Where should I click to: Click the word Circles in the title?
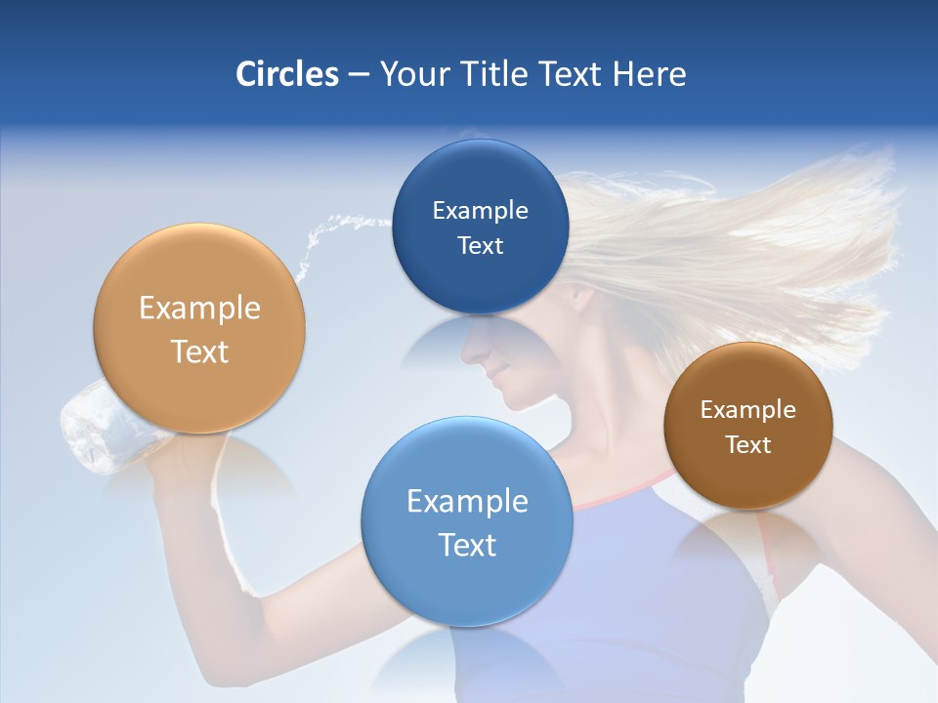pyautogui.click(x=286, y=74)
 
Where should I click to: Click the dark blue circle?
pyautogui.click(x=480, y=227)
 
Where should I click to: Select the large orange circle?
pyautogui.click(x=199, y=329)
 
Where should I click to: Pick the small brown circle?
pyautogui.click(x=748, y=426)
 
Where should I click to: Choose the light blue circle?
pyautogui.click(x=467, y=522)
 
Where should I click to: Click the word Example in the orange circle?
pyautogui.click(x=199, y=309)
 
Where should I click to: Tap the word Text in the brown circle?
pyautogui.click(x=748, y=445)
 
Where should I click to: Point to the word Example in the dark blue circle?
pyautogui.click(x=480, y=211)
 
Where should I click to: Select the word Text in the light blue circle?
pyautogui.click(x=467, y=545)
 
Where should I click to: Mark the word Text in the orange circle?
pyautogui.click(x=199, y=351)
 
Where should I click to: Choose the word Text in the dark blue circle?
pyautogui.click(x=480, y=246)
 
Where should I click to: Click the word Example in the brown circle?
pyautogui.click(x=748, y=410)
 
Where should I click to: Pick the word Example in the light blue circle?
pyautogui.click(x=467, y=502)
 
